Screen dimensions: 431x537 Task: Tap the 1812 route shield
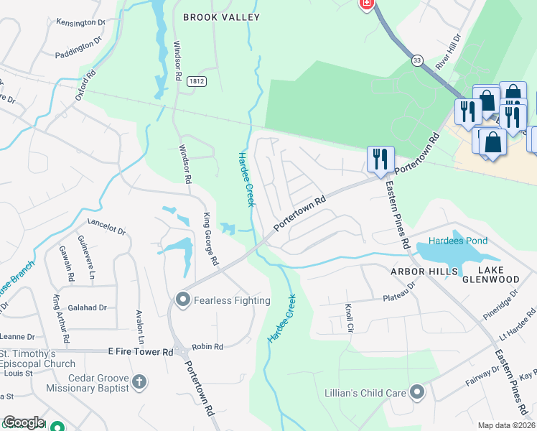click(197, 82)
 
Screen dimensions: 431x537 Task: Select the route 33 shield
click(417, 61)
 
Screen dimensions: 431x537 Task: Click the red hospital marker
click(367, 4)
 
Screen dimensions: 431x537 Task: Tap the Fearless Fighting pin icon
click(182, 300)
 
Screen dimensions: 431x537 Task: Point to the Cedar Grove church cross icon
click(139, 382)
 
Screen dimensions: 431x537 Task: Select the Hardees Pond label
click(458, 241)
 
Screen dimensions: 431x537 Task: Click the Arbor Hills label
click(424, 271)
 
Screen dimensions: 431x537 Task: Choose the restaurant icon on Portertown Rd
click(380, 159)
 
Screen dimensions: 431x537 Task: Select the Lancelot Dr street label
click(106, 227)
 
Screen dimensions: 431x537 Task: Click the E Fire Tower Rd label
click(141, 352)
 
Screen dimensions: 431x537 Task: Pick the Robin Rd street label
click(207, 346)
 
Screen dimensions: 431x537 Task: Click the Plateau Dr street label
click(399, 292)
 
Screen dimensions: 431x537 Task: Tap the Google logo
click(24, 423)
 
